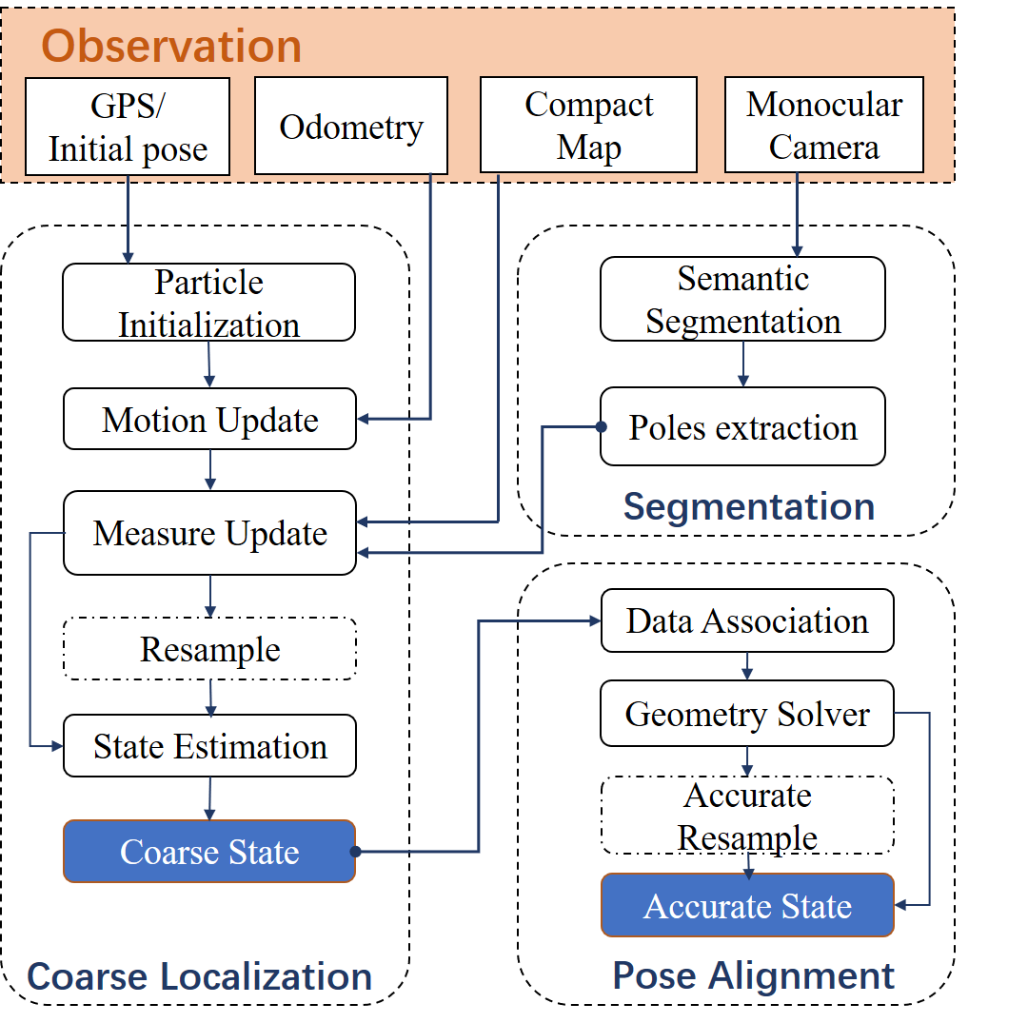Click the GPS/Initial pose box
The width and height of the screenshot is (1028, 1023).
[128, 127]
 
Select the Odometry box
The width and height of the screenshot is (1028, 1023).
[350, 126]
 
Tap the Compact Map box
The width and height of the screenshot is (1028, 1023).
[588, 125]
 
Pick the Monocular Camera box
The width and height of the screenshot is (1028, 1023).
[824, 125]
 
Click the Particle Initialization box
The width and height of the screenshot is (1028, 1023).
[209, 302]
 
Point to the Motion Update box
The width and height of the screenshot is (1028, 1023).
[209, 419]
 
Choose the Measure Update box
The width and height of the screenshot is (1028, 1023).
[209, 533]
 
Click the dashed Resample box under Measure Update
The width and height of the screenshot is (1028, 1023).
[209, 649]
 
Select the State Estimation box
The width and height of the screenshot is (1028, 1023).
[209, 746]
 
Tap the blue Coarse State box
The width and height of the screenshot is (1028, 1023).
[209, 852]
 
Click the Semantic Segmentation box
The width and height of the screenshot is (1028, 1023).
[742, 299]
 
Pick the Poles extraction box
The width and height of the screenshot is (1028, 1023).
[742, 426]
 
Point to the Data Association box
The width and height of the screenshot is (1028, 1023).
[747, 620]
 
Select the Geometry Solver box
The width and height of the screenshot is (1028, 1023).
[747, 713]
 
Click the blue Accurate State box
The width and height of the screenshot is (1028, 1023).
[747, 905]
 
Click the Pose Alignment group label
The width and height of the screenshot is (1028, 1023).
[753, 975]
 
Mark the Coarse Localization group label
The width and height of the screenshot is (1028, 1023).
[199, 976]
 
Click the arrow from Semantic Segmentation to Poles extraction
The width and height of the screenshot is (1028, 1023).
[742, 364]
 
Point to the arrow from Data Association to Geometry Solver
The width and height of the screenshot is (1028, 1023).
[747, 666]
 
